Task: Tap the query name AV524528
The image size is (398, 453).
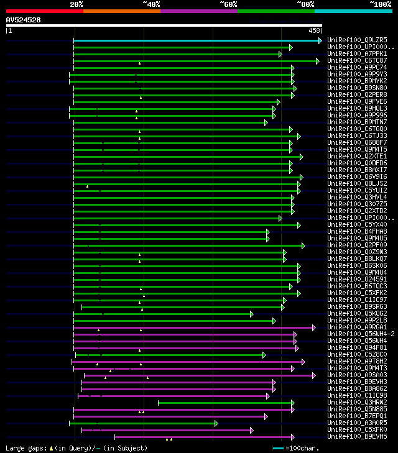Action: coord(24,20)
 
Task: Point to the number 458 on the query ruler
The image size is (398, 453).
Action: coord(314,30)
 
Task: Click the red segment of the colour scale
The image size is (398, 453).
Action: coord(44,11)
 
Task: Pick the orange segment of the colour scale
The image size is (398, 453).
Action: coord(121,11)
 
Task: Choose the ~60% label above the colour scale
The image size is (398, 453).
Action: coord(228,4)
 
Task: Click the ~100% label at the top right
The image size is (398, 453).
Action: coord(380,4)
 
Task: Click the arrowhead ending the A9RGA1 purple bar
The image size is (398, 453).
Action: coord(314,327)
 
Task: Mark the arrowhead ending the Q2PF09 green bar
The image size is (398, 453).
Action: coord(303,245)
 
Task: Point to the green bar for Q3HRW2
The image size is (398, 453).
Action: coord(224,403)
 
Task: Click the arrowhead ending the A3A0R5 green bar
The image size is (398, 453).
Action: coord(216,423)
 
